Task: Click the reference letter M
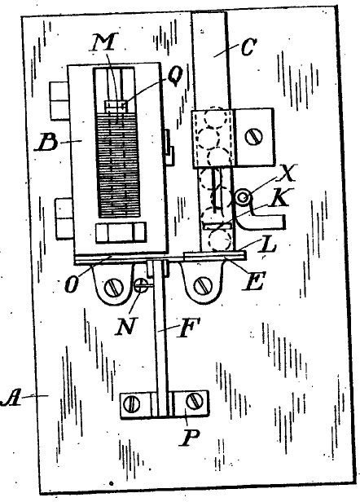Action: point(104,42)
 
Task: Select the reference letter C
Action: point(248,48)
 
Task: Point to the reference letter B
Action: point(48,143)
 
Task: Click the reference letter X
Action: point(287,174)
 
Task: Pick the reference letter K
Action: point(279,199)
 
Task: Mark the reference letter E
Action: point(253,281)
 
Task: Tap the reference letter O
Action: point(72,284)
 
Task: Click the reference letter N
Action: point(125,326)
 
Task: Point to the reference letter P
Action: point(190,437)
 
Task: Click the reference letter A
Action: point(11,398)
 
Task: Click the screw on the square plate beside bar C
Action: point(254,137)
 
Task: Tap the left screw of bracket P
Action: point(131,404)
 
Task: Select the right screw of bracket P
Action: point(194,401)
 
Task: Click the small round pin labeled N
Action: point(140,285)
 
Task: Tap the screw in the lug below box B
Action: point(114,287)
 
